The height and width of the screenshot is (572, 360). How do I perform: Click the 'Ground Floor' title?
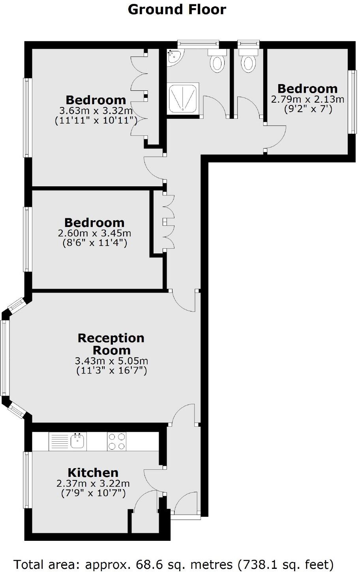pyautogui.click(x=177, y=9)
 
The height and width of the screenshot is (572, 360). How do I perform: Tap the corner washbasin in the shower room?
pyautogui.click(x=174, y=56)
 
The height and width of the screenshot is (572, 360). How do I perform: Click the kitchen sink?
pyautogui.click(x=79, y=441)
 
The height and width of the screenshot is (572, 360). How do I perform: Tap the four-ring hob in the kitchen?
pyautogui.click(x=117, y=441)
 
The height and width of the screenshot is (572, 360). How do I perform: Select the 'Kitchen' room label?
pyautogui.click(x=93, y=473)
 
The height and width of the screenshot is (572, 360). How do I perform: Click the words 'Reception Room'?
pyautogui.click(x=111, y=344)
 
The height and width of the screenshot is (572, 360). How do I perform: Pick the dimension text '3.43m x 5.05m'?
pyautogui.click(x=111, y=361)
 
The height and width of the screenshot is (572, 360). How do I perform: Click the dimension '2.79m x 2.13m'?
pyautogui.click(x=307, y=99)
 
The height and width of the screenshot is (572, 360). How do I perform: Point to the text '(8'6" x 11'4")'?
pyautogui.click(x=95, y=243)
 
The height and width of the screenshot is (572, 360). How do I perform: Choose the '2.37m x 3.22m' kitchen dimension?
pyautogui.click(x=93, y=483)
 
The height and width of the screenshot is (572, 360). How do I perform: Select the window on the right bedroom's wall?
pyautogui.click(x=352, y=102)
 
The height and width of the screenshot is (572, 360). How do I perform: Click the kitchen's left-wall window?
pyautogui.click(x=27, y=480)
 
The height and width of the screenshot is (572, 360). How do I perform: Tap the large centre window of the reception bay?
pyautogui.click(x=5, y=357)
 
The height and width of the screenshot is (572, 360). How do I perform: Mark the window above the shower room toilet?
pyautogui.click(x=198, y=43)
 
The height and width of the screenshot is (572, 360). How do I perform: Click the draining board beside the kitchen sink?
pyautogui.click(x=60, y=441)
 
